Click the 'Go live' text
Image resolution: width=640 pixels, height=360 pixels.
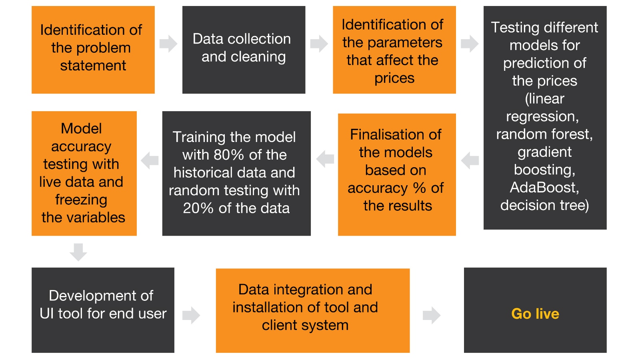click(535, 314)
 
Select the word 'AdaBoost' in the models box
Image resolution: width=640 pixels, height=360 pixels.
click(543, 187)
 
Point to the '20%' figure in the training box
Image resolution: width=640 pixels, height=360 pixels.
click(198, 208)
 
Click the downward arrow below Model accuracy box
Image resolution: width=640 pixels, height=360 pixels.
click(78, 252)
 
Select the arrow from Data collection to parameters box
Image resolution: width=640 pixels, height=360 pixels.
click(319, 44)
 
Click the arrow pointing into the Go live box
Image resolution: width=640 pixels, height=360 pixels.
click(431, 315)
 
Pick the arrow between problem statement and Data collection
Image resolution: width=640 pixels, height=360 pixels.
click(168, 44)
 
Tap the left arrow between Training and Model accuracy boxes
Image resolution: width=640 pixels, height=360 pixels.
click(150, 160)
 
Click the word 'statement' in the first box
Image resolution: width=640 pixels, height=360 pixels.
click(93, 66)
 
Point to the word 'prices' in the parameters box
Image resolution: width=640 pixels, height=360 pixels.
click(394, 78)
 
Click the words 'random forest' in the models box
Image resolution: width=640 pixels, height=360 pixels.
click(544, 134)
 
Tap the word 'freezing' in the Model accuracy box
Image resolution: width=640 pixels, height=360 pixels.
click(81, 199)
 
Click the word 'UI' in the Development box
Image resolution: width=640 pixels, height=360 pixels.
click(46, 314)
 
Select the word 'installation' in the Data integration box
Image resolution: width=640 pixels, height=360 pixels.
click(264, 307)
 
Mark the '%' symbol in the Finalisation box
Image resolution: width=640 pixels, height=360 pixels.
click(419, 188)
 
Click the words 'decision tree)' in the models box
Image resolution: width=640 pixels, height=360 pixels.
click(544, 205)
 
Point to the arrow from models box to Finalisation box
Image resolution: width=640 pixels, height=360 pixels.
click(470, 160)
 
